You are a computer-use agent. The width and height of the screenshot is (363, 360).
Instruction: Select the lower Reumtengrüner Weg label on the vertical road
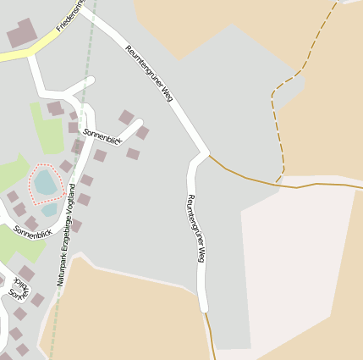click(195, 228)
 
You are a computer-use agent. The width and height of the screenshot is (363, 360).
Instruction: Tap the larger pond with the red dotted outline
click(44, 180)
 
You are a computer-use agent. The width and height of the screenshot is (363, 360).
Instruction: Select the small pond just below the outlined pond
click(49, 208)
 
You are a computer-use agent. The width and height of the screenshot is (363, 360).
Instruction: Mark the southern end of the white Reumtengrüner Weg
click(203, 307)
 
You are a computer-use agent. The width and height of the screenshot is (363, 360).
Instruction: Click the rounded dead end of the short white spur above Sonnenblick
click(90, 80)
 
